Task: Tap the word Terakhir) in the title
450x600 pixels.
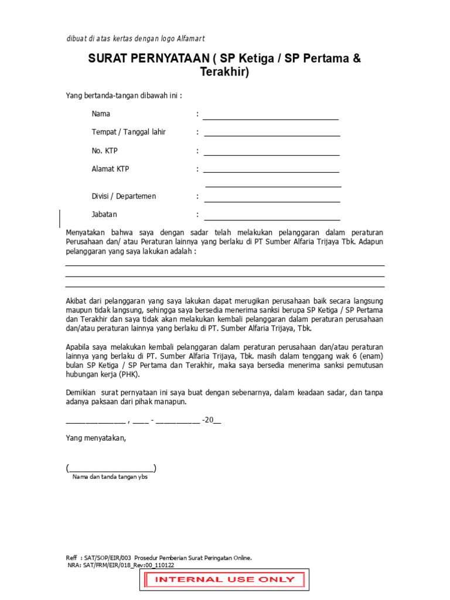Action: [224, 73]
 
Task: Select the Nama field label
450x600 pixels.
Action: [101, 114]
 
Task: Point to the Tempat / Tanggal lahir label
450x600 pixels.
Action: [128, 132]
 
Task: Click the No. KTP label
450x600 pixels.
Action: [104, 151]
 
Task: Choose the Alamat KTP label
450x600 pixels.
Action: [110, 169]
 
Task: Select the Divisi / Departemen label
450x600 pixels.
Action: [124, 196]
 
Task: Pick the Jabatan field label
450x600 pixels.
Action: [104, 214]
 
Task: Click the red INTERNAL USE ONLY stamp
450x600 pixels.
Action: [224, 579]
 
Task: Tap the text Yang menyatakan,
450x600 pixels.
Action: [96, 438]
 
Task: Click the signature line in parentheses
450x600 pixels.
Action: [111, 468]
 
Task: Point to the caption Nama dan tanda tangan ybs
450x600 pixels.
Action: [110, 477]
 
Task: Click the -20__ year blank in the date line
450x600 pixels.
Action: [212, 420]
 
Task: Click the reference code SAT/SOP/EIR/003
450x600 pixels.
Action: [108, 558]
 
